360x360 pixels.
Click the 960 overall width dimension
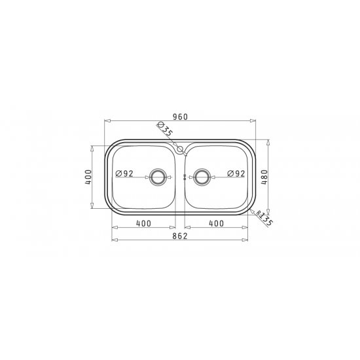[x=180, y=117]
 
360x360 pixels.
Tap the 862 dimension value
[x=180, y=236]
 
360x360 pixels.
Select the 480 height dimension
[x=264, y=177]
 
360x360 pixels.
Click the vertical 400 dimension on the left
[x=88, y=177]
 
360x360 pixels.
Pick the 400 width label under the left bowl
[x=144, y=223]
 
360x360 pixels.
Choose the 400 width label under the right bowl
[x=216, y=223]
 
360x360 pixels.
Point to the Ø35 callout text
[x=165, y=129]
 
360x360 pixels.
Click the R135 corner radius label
[x=264, y=218]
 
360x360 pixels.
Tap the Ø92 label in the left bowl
[x=124, y=173]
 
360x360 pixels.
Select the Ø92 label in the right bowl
[x=236, y=173]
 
